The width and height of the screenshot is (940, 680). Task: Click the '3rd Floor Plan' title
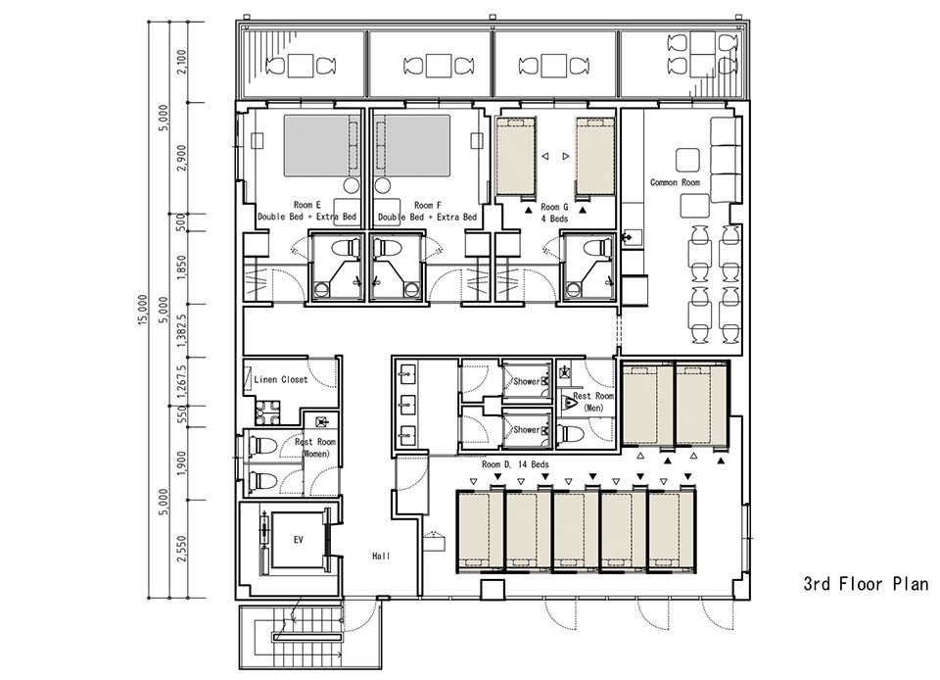point(866,583)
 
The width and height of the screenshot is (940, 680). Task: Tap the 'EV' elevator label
point(298,540)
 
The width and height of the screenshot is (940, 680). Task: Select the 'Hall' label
point(381,556)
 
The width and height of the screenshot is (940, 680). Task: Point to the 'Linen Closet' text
point(281,379)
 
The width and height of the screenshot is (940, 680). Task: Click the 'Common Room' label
point(675,182)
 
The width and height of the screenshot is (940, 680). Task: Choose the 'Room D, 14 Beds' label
point(515,464)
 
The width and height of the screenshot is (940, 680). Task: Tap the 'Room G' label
point(554,207)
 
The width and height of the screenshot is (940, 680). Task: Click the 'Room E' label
point(306,205)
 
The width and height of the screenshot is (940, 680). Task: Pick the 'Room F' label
point(427,205)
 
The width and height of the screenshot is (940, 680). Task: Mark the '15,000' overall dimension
point(142,310)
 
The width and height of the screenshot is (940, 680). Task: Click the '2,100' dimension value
point(182,62)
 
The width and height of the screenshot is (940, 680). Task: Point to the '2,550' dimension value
point(182,549)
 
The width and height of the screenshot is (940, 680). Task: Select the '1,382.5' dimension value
point(182,331)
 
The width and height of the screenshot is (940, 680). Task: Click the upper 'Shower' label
point(526,381)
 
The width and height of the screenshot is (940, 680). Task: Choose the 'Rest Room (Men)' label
point(593,402)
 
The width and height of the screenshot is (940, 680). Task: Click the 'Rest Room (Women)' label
point(315,448)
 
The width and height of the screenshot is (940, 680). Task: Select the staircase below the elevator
point(309,637)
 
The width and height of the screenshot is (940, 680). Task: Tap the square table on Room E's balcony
point(302,66)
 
